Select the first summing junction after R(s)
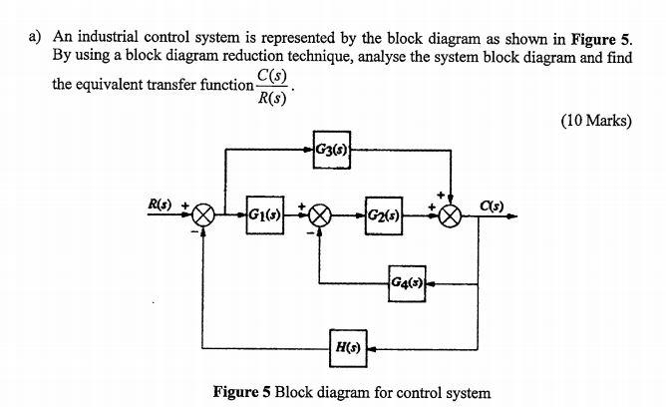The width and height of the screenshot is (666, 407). click(205, 214)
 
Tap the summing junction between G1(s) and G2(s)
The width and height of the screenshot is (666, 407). click(319, 214)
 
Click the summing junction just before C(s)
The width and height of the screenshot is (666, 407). click(453, 214)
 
